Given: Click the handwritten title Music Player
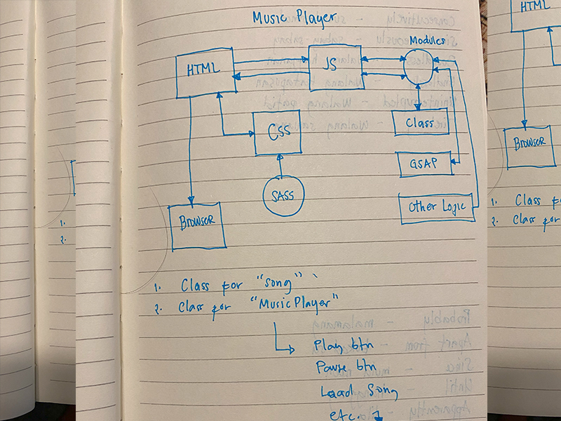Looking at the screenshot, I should [294, 18].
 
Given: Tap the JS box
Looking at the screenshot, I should [334, 68].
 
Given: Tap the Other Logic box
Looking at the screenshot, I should [436, 207].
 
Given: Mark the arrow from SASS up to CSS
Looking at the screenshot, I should [280, 166].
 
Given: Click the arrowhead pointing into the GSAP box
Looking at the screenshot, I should [453, 163].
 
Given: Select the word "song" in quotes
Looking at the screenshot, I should [279, 286].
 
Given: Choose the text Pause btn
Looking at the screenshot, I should [345, 368].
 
